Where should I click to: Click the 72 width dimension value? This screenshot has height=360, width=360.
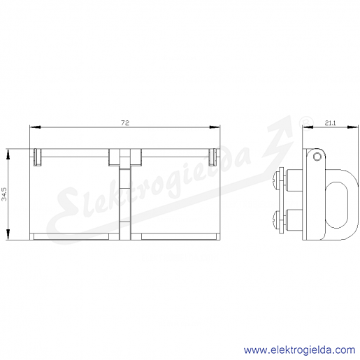coord(125,123)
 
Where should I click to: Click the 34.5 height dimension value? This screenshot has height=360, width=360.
coord(4,194)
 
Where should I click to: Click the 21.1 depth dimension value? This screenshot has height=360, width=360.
coord(330,123)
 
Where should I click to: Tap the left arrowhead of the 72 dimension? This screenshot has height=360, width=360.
coord(36,127)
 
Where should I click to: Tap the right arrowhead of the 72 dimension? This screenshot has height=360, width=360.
coord(215,127)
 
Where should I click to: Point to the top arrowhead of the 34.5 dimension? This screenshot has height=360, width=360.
coord(8,154)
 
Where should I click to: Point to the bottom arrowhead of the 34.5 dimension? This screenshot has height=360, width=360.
coord(8,234)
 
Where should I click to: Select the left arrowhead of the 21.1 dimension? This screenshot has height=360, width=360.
coord(308,127)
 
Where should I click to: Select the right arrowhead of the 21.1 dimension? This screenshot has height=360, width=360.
coord(352,127)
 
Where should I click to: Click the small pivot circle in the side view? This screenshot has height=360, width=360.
coord(317,157)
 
